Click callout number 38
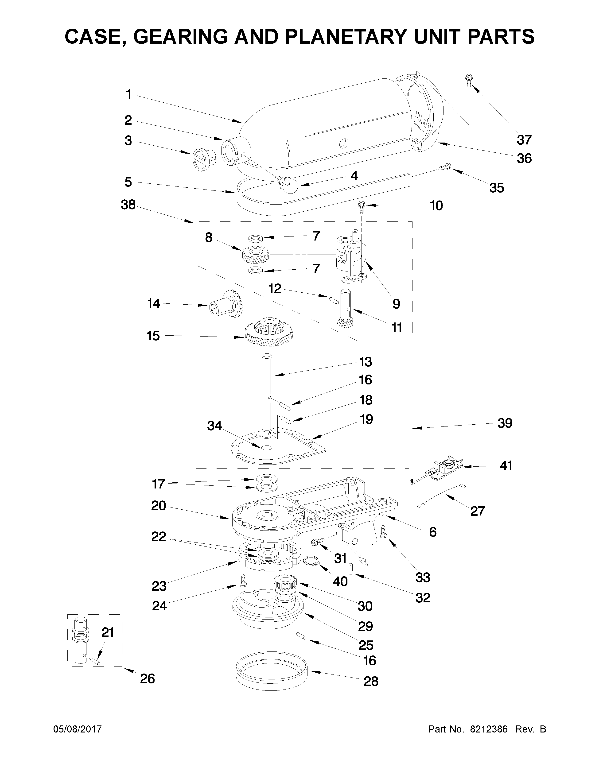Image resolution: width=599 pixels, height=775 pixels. [x=128, y=205]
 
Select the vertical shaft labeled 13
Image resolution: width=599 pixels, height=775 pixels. [x=267, y=394]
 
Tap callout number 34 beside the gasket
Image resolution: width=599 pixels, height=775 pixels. [x=214, y=426]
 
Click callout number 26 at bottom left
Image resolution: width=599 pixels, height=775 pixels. [x=147, y=678]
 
